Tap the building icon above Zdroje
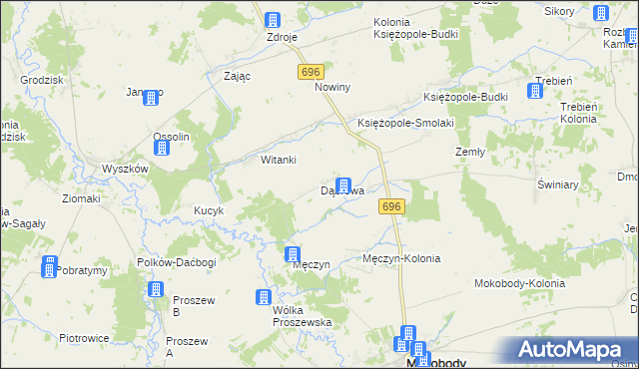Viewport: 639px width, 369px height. click(272, 19)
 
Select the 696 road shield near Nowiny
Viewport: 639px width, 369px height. click(310, 72)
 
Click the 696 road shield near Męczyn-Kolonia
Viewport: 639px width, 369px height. click(391, 206)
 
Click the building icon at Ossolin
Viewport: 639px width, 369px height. click(162, 148)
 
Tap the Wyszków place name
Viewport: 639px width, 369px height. click(125, 169)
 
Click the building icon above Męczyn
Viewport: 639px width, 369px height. click(293, 254)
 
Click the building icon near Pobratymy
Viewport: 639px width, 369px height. click(49, 266)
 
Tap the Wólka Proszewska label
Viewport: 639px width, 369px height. click(302, 316)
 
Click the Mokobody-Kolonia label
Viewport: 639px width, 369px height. click(519, 283)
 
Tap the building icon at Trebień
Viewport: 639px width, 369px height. click(535, 91)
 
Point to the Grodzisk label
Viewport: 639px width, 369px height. click(42, 79)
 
